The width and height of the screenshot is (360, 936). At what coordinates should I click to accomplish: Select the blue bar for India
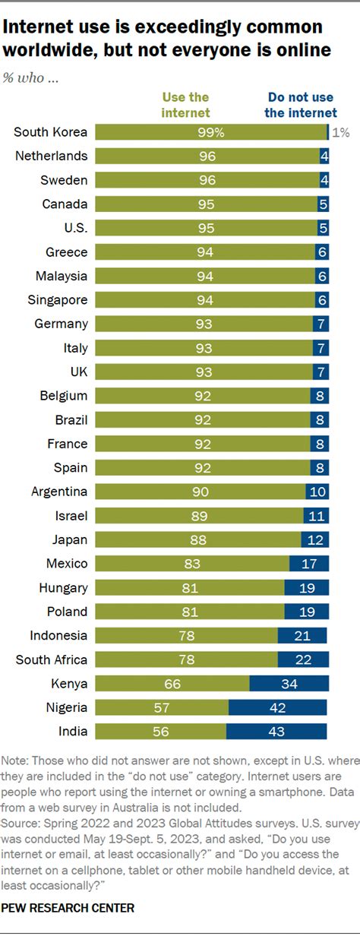point(276,731)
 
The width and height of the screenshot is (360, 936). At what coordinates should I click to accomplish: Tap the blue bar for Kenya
point(289,683)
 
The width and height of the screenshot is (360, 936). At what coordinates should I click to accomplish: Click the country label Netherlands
point(52,156)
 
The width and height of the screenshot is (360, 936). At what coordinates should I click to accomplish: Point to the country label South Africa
point(52,659)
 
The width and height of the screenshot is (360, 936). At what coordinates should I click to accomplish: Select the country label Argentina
point(59,492)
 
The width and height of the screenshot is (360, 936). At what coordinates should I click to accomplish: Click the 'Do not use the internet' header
point(301,105)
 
